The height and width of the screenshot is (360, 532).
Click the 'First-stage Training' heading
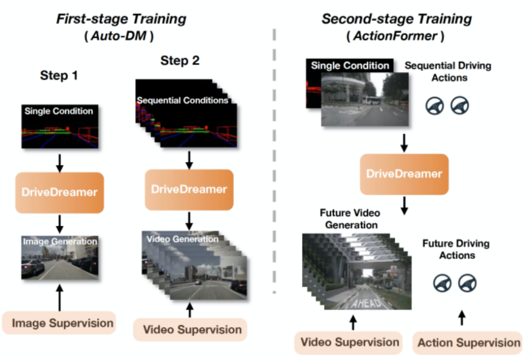click(x=121, y=19)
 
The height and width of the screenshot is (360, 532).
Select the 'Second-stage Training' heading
click(x=397, y=19)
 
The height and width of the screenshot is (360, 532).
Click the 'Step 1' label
click(x=59, y=76)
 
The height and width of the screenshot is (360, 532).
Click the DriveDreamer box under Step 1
click(x=59, y=192)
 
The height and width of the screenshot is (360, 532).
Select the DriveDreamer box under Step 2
click(x=189, y=190)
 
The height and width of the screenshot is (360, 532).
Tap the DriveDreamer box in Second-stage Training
click(x=404, y=174)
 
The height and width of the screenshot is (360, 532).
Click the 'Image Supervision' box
click(x=63, y=324)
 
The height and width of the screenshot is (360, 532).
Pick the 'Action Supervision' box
click(x=469, y=343)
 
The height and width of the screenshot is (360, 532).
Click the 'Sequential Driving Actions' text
click(x=448, y=71)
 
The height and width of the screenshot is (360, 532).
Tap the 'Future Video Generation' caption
click(x=350, y=219)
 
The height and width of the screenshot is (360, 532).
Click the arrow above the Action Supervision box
click(x=462, y=317)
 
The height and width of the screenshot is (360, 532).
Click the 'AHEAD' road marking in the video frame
click(x=367, y=302)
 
